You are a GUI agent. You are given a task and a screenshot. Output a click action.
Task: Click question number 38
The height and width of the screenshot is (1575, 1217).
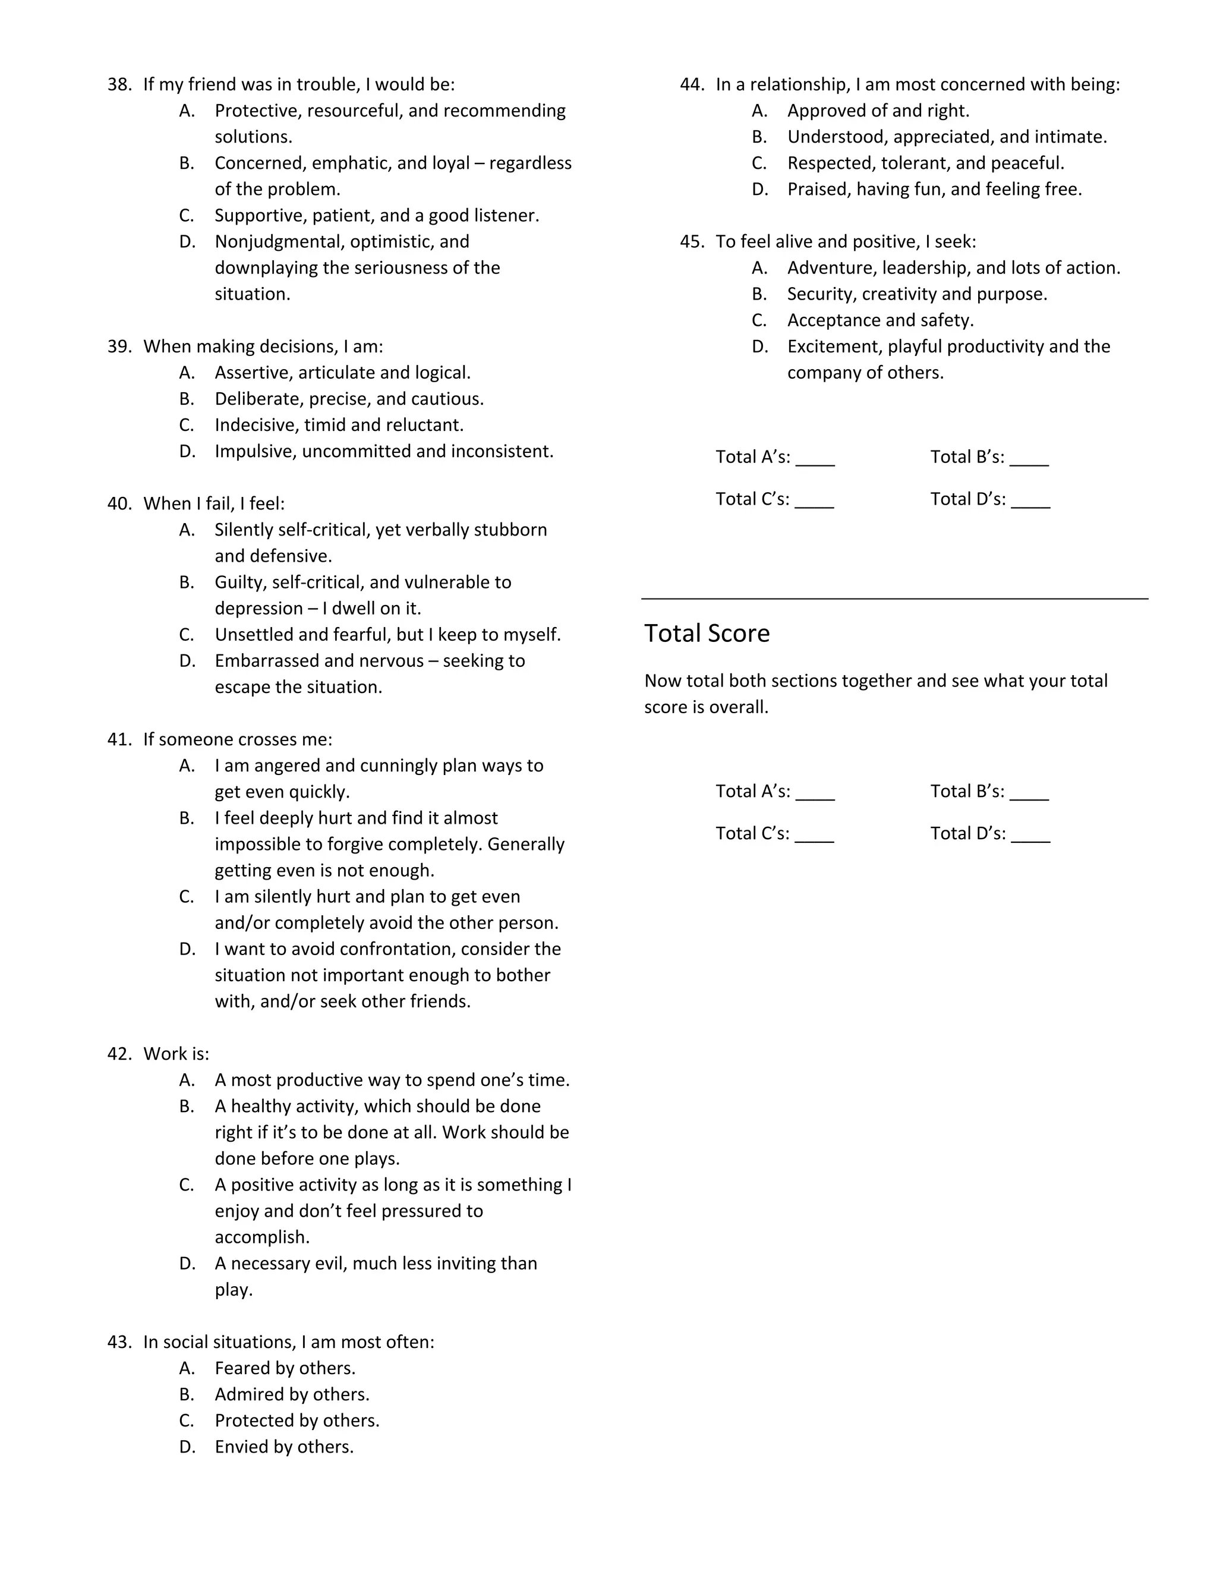[x=119, y=84]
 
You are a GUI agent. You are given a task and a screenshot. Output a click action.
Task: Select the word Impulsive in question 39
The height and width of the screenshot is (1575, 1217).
[x=255, y=452]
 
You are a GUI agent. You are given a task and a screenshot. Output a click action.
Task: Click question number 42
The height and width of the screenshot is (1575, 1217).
[x=119, y=1054]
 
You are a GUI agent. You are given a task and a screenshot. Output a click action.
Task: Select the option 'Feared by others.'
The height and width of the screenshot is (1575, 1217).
[x=285, y=1368]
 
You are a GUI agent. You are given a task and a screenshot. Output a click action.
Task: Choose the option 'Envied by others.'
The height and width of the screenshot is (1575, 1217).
[x=284, y=1447]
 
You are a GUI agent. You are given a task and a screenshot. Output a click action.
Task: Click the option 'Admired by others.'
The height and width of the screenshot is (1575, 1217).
[x=292, y=1394]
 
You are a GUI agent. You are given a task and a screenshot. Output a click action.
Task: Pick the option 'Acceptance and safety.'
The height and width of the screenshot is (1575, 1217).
[x=880, y=320]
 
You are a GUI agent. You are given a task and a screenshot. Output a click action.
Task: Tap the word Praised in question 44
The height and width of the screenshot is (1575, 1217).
[x=818, y=189]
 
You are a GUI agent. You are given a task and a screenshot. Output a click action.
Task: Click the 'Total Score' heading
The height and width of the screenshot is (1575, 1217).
[x=707, y=633]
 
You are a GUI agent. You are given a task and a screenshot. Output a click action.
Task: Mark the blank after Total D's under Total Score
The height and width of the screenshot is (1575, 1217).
[x=1030, y=835]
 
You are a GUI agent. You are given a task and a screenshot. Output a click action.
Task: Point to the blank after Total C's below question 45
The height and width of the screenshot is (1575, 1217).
[x=815, y=500]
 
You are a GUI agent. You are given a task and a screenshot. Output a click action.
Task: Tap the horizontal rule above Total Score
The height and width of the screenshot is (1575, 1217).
[x=894, y=598]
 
